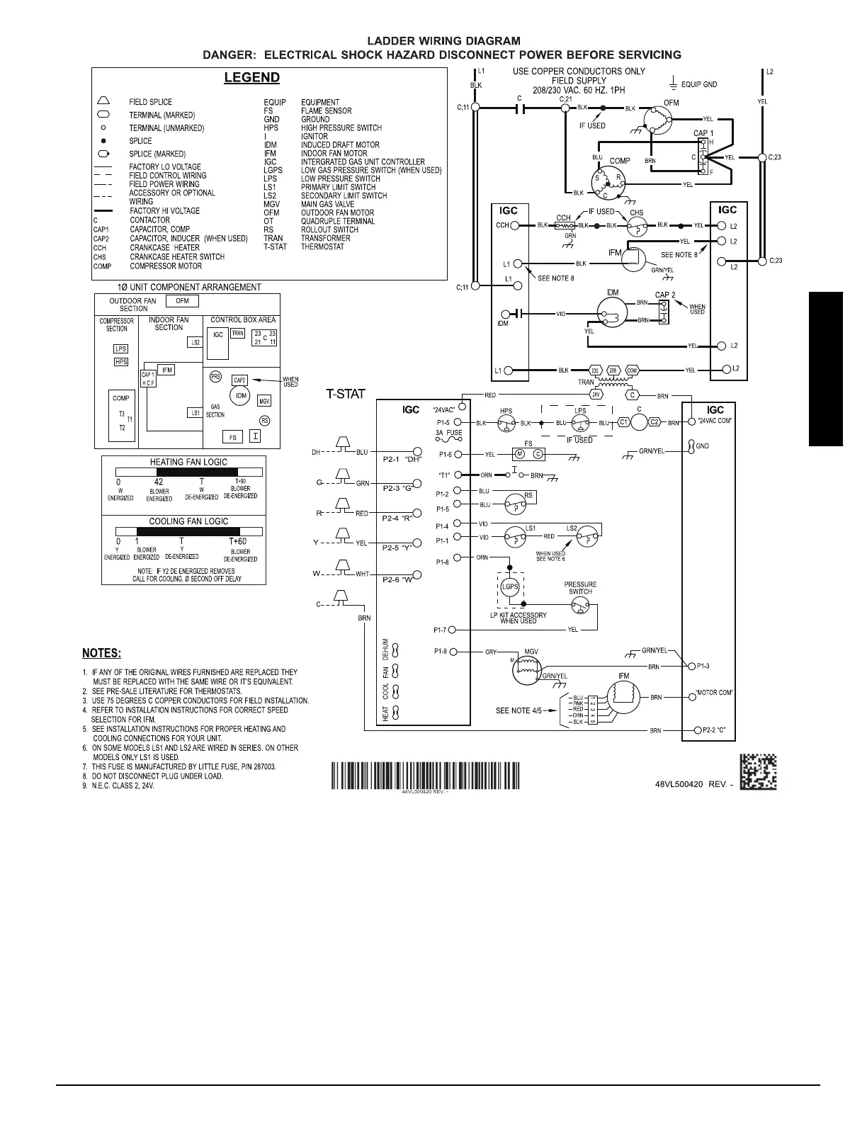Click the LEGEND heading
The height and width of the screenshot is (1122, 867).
[251, 78]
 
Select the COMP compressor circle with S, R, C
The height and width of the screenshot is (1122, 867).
[610, 182]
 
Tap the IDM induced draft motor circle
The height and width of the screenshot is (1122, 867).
[613, 312]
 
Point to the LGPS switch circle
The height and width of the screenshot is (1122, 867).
[510, 586]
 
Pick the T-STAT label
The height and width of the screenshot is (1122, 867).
[345, 395]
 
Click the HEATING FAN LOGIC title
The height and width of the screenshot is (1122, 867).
[188, 462]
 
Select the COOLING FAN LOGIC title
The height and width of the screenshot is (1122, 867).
[188, 521]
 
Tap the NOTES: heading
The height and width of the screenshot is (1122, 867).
[101, 652]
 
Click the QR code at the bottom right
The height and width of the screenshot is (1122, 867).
[758, 771]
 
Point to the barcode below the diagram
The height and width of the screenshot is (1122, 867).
[425, 774]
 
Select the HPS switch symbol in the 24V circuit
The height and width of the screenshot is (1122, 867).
[506, 424]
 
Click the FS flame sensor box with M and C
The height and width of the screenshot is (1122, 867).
[528, 454]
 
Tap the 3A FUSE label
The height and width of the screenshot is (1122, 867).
[448, 433]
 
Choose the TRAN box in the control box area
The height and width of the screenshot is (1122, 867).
[237, 333]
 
